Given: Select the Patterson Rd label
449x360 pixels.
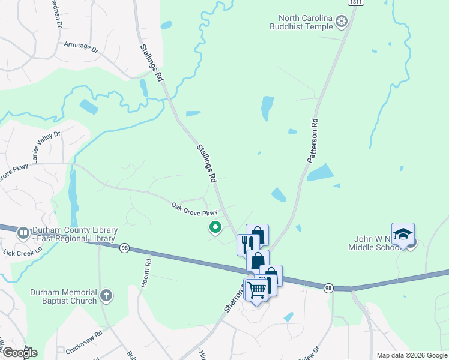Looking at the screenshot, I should click(312, 141).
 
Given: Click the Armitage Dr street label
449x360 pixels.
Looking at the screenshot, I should click(80, 46).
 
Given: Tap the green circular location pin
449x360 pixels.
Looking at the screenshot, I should click(214, 227).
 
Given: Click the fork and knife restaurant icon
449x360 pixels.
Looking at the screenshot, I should click(247, 243).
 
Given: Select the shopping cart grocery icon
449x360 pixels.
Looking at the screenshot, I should click(256, 290).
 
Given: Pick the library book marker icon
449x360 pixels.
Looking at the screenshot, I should click(23, 232).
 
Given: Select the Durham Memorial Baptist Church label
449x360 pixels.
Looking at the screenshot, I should click(64, 296).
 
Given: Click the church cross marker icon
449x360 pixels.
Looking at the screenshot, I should click(106, 295).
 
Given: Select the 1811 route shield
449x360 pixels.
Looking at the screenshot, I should click(357, 3).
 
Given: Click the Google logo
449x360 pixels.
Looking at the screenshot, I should click(19, 352).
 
